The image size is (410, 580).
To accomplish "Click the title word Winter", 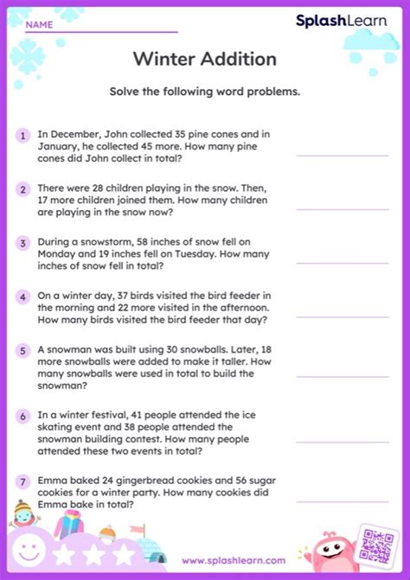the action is tap(164, 59).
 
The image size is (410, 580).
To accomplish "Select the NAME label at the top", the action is tap(39, 25).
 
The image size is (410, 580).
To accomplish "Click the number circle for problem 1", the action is tap(22, 135).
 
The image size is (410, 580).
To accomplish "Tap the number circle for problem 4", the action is tap(22, 296).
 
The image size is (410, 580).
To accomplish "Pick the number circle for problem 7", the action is tap(22, 481).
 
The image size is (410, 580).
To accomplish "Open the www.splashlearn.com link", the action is tap(234, 560).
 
